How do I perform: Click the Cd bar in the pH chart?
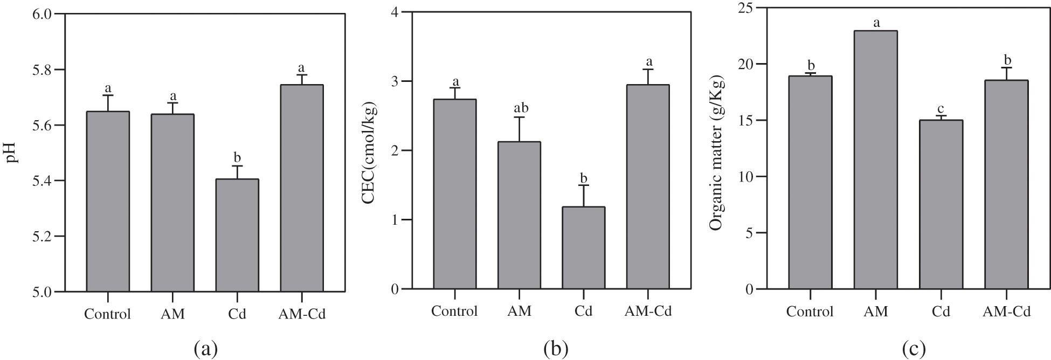point(237,236)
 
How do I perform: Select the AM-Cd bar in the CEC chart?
point(648,187)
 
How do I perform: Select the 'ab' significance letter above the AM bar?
point(520,108)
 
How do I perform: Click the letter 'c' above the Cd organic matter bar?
point(941,108)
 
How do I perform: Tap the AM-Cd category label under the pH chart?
point(302,314)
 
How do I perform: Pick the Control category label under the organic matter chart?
point(810,311)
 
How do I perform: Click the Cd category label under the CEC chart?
point(583,311)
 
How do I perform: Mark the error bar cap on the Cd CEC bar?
point(583,185)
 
